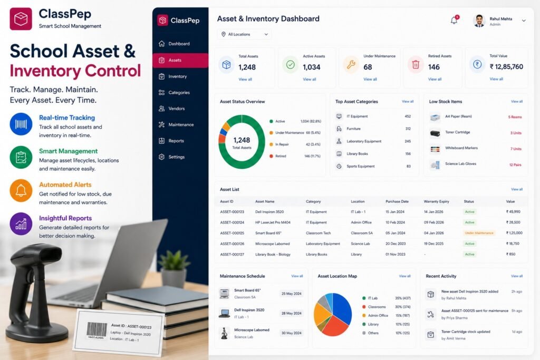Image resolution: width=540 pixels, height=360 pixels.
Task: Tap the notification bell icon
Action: coord(454,21)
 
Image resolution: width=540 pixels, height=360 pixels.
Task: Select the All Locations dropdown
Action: coord(244,34)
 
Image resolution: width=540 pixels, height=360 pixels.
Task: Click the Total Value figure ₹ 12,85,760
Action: coord(506,67)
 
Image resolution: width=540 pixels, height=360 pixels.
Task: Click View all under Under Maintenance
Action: coord(370,79)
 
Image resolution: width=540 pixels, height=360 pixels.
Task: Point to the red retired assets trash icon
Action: coord(416,64)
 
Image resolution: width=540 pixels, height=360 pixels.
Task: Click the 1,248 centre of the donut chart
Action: coord(242,140)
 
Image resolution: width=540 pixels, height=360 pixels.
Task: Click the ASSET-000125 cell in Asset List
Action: coord(232,233)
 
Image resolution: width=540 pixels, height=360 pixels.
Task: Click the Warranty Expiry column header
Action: coord(436,201)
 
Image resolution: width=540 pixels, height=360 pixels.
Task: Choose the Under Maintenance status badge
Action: coord(479,233)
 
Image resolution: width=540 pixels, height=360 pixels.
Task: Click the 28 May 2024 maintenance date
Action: coord(291,313)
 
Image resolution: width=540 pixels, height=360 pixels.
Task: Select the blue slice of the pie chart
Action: coord(342,308)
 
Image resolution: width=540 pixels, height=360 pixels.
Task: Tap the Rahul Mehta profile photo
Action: coord(479,21)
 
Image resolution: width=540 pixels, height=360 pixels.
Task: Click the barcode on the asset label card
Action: coord(97,329)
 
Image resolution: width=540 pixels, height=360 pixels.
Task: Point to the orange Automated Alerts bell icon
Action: coord(21,190)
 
